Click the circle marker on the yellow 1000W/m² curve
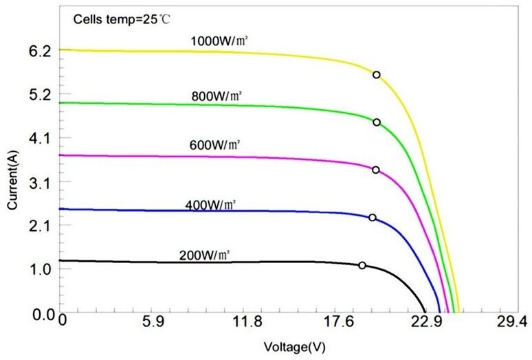376,74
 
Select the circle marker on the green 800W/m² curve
376,122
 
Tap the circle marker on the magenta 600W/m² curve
375,170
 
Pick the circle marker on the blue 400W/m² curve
373,218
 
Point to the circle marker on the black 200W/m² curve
362,265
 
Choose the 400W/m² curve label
210,205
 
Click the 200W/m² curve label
204,254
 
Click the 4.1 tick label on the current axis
33,138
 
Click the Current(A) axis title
12,181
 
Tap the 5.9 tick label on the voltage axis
153,321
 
